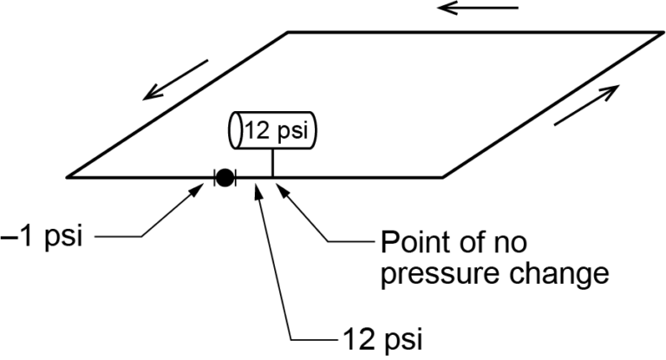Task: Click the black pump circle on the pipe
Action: pyautogui.click(x=225, y=178)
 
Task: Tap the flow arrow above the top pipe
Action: pyautogui.click(x=478, y=9)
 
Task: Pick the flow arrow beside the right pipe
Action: pyautogui.click(x=586, y=105)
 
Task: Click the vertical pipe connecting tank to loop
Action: pyautogui.click(x=273, y=162)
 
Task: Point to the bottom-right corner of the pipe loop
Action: pyautogui.click(x=443, y=177)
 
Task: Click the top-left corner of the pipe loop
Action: pyautogui.click(x=288, y=32)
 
